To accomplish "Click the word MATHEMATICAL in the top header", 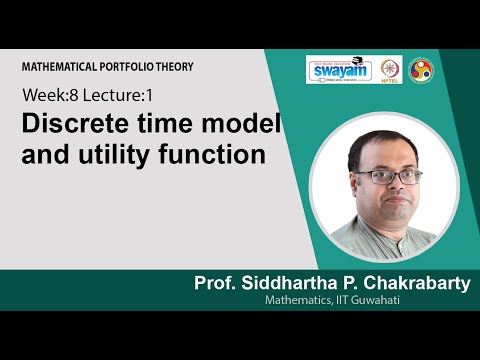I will (x=57, y=66).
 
